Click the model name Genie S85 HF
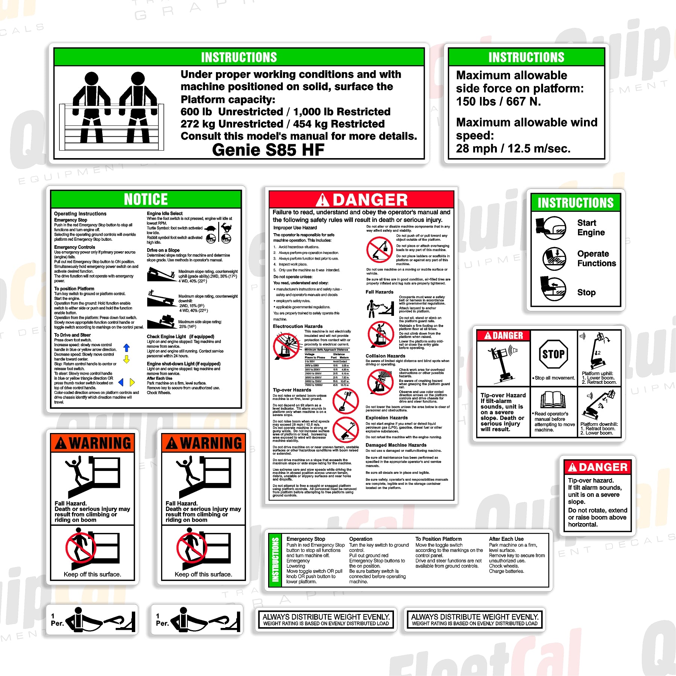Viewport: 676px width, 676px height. coord(268,150)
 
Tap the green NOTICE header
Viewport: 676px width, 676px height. coord(146,199)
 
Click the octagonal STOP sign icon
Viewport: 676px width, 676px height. coord(553,354)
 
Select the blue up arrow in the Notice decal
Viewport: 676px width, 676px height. coord(127,348)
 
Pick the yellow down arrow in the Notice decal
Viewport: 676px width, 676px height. coord(127,359)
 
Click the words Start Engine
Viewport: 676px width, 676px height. coord(591,228)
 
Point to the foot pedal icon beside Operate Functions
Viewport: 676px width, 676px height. coord(554,259)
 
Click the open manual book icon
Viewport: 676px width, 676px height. coord(553,400)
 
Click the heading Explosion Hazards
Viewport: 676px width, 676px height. coord(386,418)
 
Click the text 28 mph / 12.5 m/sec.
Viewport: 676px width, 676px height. coord(513,149)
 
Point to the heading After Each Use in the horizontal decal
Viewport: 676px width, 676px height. coord(506,539)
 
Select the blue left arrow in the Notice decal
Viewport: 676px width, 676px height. coord(121,382)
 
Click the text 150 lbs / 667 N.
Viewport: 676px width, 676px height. coord(498,101)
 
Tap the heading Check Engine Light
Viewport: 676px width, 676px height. coord(166,336)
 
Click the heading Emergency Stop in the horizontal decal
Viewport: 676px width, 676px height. coord(306,539)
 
